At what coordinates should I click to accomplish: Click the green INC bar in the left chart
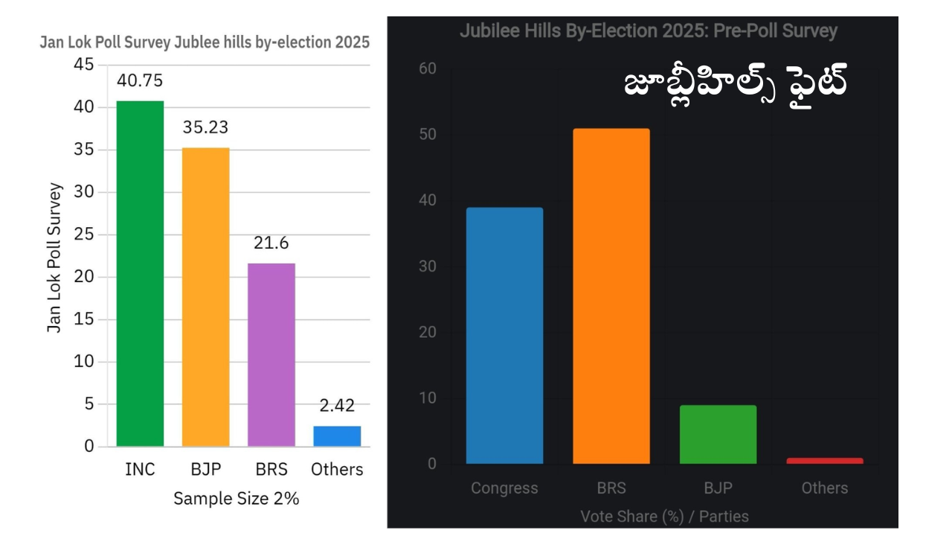tap(140, 274)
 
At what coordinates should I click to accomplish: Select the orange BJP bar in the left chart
tap(205, 297)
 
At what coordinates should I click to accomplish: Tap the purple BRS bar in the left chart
tap(271, 355)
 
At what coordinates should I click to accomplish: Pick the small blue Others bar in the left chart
tap(337, 436)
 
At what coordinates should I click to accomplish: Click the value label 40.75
tap(140, 80)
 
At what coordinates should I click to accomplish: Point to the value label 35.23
tap(205, 127)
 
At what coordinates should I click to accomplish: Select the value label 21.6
tap(271, 243)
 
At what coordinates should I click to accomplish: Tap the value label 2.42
tap(337, 406)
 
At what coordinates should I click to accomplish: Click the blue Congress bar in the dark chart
tap(504, 336)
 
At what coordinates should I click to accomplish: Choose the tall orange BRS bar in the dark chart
tap(611, 296)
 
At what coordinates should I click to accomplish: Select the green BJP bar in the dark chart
tap(718, 435)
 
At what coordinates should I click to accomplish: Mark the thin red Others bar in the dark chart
tap(824, 461)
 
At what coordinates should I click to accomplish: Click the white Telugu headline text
tap(736, 86)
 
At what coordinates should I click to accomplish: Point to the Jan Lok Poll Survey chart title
tap(205, 42)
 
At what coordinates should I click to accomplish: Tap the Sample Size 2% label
tap(236, 499)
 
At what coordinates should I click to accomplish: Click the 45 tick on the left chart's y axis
tap(84, 65)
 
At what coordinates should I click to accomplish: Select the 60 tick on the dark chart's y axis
tap(427, 68)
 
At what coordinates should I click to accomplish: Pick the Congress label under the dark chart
tap(504, 488)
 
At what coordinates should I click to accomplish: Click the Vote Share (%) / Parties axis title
tap(664, 516)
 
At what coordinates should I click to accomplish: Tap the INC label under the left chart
tap(140, 470)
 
